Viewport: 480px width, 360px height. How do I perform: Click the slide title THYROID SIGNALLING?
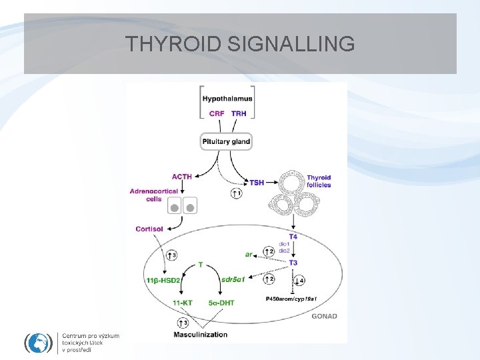pyautogui.click(x=240, y=44)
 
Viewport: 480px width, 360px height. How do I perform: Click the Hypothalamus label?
pyautogui.click(x=227, y=99)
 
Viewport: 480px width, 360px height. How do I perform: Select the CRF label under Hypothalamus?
pyautogui.click(x=217, y=113)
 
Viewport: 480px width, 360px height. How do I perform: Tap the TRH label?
pyautogui.click(x=239, y=113)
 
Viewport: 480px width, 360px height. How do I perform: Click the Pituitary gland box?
pyautogui.click(x=227, y=141)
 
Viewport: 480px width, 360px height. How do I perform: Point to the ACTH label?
pyautogui.click(x=182, y=177)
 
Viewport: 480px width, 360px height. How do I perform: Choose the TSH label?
pyautogui.click(x=257, y=181)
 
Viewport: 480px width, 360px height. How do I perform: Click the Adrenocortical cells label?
pyautogui.click(x=154, y=195)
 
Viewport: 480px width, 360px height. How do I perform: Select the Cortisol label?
pyautogui.click(x=149, y=229)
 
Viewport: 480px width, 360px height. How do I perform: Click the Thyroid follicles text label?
pyautogui.click(x=319, y=181)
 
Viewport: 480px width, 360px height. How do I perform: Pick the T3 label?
pyautogui.click(x=293, y=263)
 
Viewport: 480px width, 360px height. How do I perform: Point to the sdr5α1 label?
pyautogui.click(x=233, y=280)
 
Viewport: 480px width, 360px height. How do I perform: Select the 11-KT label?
pyautogui.click(x=182, y=303)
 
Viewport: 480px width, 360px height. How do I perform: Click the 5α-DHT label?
pyautogui.click(x=221, y=303)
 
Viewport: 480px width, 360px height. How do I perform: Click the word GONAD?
pyautogui.click(x=325, y=317)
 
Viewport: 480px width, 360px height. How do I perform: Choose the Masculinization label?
pyautogui.click(x=200, y=334)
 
